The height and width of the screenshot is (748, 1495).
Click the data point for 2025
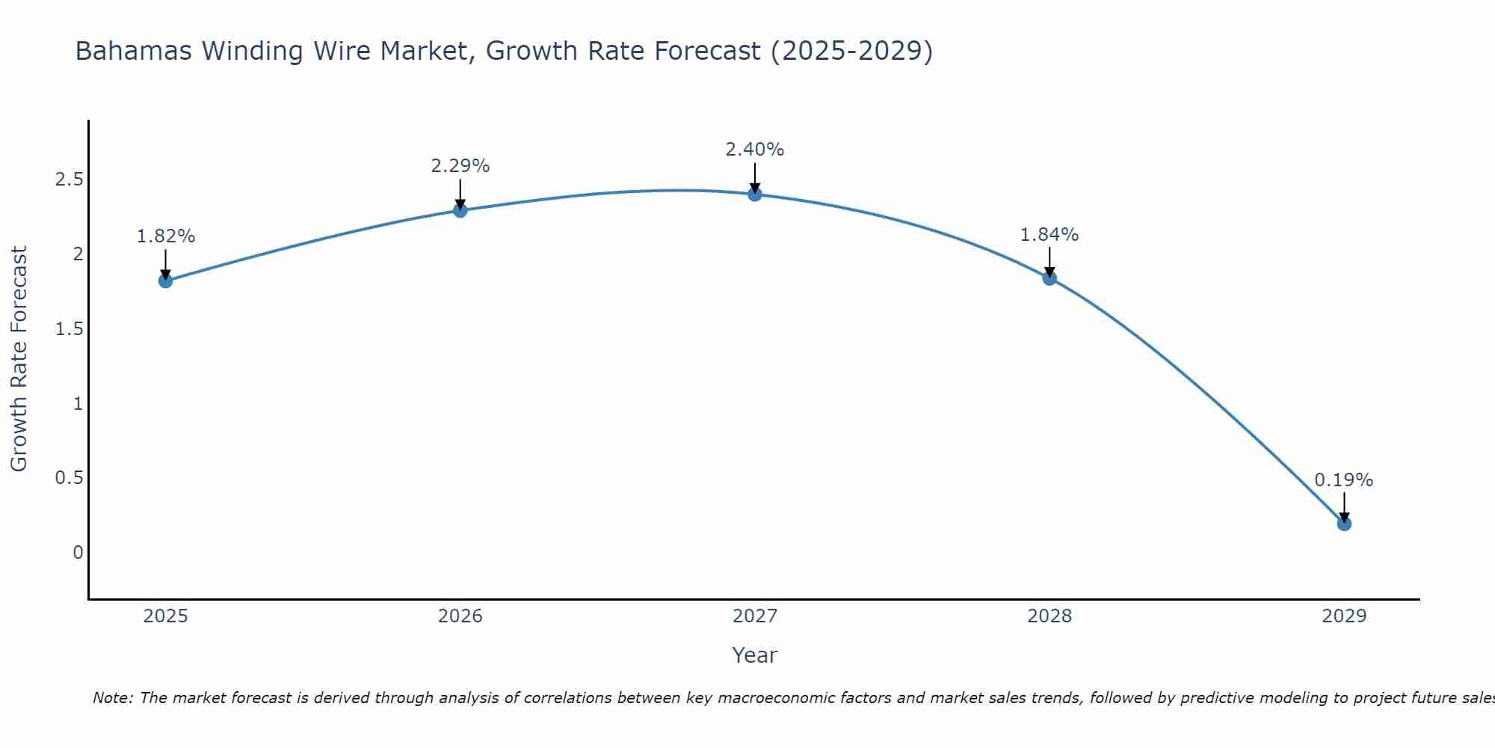[x=165, y=281]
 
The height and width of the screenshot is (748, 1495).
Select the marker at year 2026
[x=460, y=211]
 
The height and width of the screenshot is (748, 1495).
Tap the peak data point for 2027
[x=755, y=194]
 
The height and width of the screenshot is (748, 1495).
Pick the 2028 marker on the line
[x=1049, y=278]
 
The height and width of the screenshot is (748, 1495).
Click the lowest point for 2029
[x=1344, y=524]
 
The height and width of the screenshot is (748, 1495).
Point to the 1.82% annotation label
[x=165, y=236]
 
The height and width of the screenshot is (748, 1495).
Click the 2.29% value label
[x=460, y=166]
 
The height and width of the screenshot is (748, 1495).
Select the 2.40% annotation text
[x=755, y=150]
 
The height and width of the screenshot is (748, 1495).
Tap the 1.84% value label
[x=1049, y=235]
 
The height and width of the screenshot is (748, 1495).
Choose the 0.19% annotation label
[x=1344, y=480]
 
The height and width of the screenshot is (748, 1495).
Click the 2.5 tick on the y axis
[x=69, y=180]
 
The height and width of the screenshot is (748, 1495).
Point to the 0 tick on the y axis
[x=78, y=553]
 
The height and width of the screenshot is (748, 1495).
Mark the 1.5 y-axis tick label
[x=69, y=329]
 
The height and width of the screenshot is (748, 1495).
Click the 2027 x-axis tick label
[x=755, y=616]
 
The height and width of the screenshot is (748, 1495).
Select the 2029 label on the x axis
[x=1344, y=616]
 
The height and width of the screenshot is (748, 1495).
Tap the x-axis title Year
[x=755, y=655]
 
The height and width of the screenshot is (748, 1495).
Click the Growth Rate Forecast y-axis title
[x=19, y=359]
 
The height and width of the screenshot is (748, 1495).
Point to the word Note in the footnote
[x=112, y=698]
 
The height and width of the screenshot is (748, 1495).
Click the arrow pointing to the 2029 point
[x=1344, y=507]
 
